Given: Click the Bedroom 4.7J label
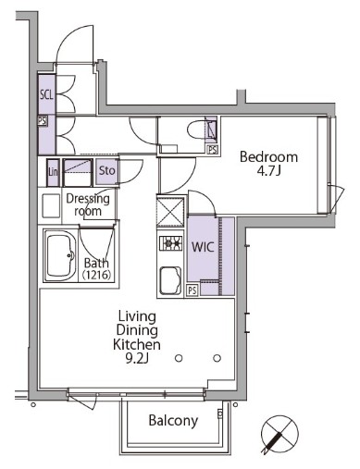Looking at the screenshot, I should pyautogui.click(x=268, y=163).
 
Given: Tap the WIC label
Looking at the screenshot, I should pyautogui.click(x=203, y=248).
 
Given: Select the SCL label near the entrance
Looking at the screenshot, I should pyautogui.click(x=45, y=94).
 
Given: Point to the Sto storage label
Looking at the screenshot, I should pyautogui.click(x=106, y=171).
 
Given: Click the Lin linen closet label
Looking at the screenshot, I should pyautogui.click(x=54, y=171).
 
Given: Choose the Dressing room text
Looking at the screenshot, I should pyautogui.click(x=88, y=204).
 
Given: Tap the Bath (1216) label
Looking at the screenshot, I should pyautogui.click(x=96, y=268).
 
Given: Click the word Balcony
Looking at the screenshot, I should pyautogui.click(x=173, y=421).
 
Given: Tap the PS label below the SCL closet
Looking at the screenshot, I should pyautogui.click(x=43, y=120).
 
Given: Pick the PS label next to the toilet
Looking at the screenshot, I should pyautogui.click(x=214, y=149).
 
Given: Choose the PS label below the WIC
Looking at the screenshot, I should pyautogui.click(x=192, y=290).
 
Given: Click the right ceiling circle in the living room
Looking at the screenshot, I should pyautogui.click(x=217, y=358).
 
